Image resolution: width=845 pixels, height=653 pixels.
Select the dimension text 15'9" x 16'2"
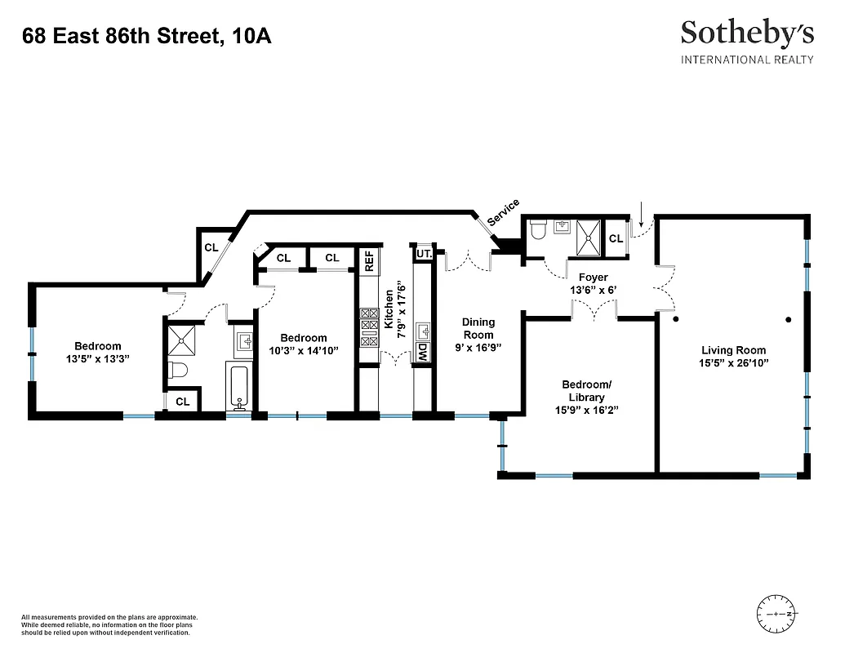585,411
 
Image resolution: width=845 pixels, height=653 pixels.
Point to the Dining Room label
478,328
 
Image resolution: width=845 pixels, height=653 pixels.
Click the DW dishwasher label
422,352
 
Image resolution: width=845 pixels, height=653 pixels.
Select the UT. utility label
423,255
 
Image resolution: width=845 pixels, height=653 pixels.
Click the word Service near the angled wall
503,212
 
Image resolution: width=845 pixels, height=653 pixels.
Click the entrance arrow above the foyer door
641,215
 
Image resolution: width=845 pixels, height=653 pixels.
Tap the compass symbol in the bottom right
777,613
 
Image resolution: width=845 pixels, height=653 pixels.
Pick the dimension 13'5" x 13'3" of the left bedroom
98,358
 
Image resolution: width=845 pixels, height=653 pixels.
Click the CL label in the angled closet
211,247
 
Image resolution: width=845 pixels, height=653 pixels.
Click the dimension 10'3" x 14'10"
304,350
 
